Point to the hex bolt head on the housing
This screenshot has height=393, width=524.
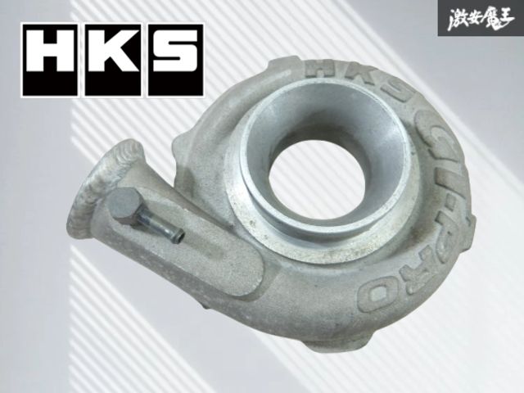coord(126,201)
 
